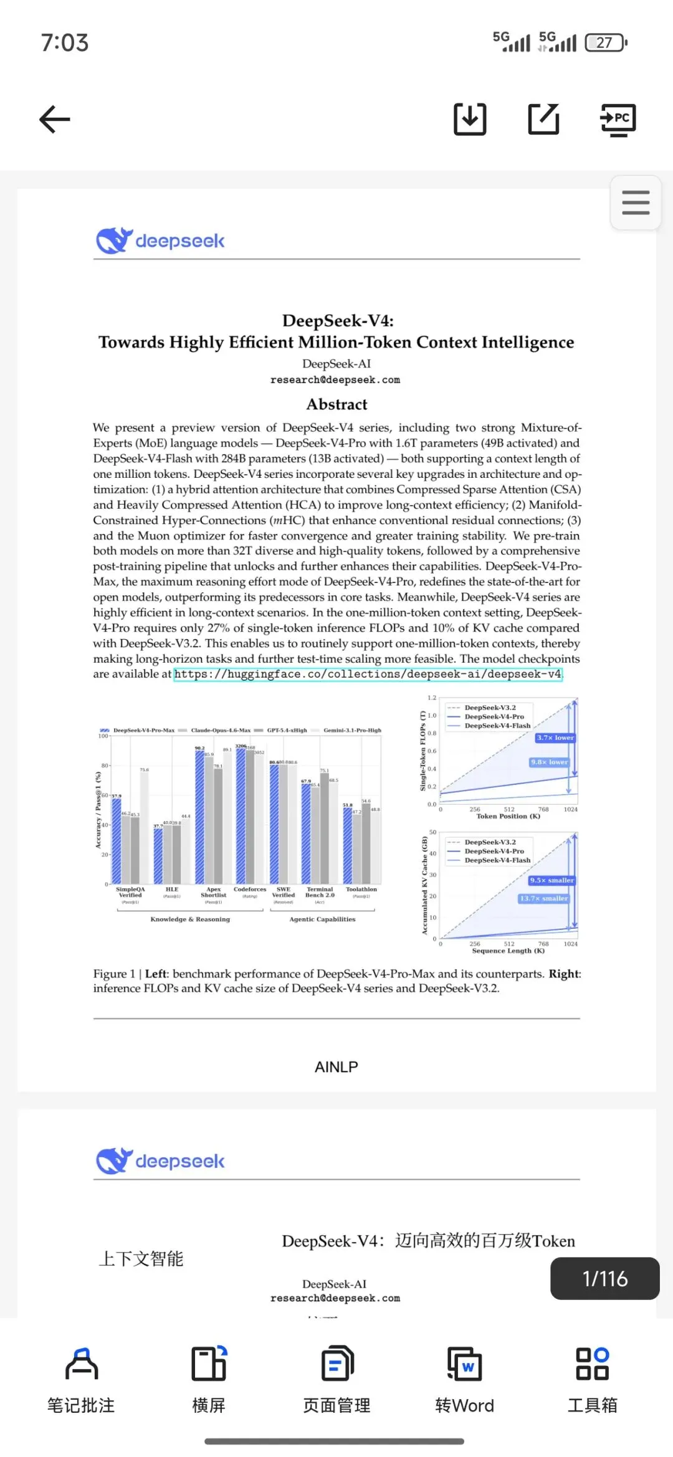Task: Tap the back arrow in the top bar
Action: click(55, 119)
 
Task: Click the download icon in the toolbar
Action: click(470, 119)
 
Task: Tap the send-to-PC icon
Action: click(618, 119)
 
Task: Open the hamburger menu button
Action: click(636, 203)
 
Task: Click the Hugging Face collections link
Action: click(368, 675)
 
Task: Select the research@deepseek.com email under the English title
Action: click(335, 380)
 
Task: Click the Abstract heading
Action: click(336, 404)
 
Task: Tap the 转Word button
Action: click(464, 1379)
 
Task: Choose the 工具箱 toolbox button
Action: click(592, 1379)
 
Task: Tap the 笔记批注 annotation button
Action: click(81, 1379)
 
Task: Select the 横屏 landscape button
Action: click(209, 1379)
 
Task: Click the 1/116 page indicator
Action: click(604, 1279)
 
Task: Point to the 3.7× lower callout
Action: click(555, 738)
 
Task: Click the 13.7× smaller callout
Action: click(543, 898)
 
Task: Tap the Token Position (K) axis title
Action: click(508, 816)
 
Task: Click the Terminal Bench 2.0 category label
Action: click(320, 893)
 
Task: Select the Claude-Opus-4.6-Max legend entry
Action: click(220, 730)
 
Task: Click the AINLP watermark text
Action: click(336, 1067)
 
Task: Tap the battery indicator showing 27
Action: click(605, 42)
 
